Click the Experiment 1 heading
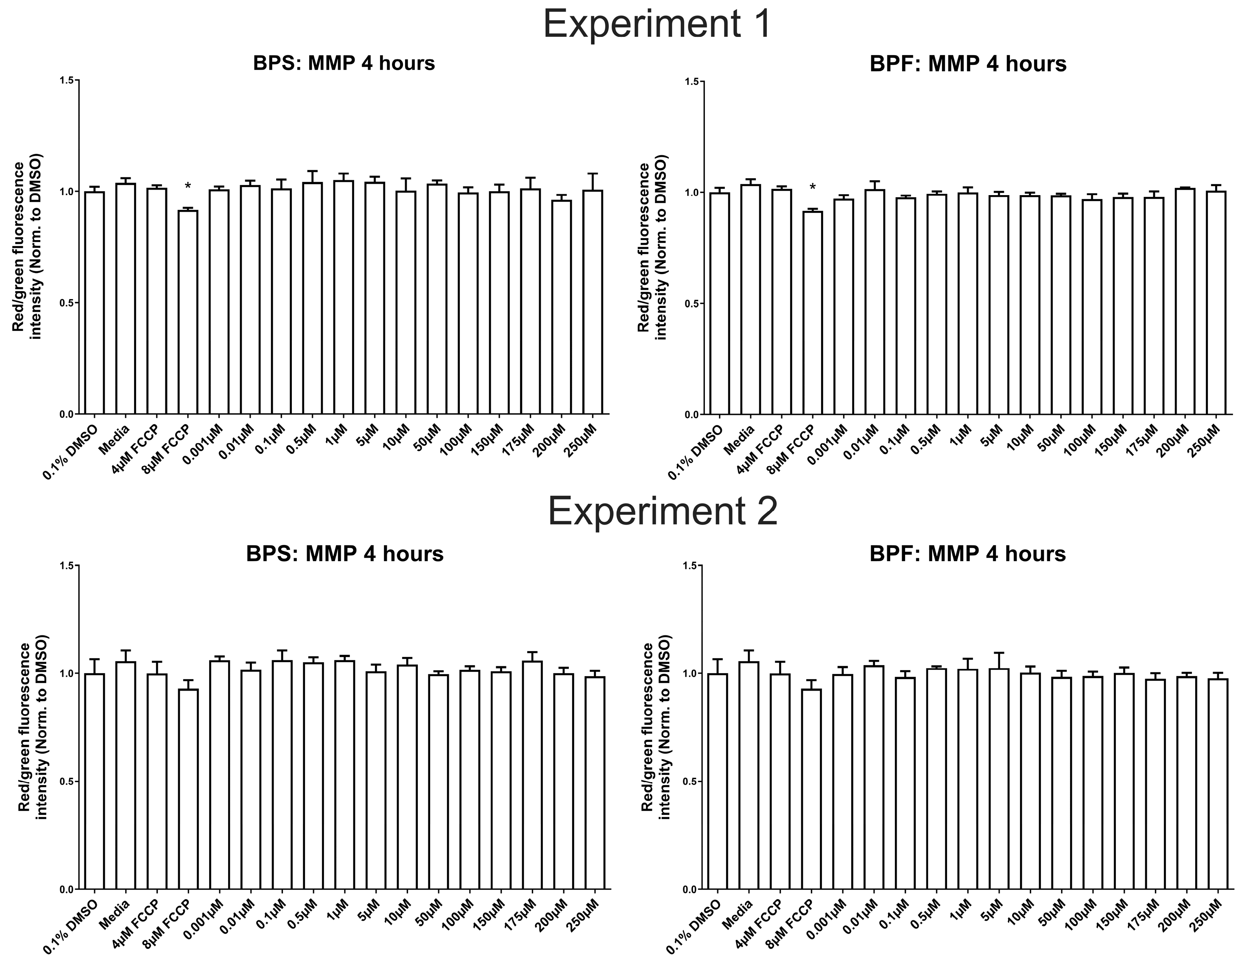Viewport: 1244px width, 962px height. [x=657, y=24]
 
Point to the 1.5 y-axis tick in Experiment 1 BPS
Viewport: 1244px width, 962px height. [x=67, y=80]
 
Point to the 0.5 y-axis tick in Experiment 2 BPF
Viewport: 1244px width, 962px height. [x=690, y=781]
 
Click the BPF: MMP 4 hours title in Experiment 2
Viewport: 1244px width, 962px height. [x=967, y=554]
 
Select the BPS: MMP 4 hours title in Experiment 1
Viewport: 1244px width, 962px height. [x=344, y=63]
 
